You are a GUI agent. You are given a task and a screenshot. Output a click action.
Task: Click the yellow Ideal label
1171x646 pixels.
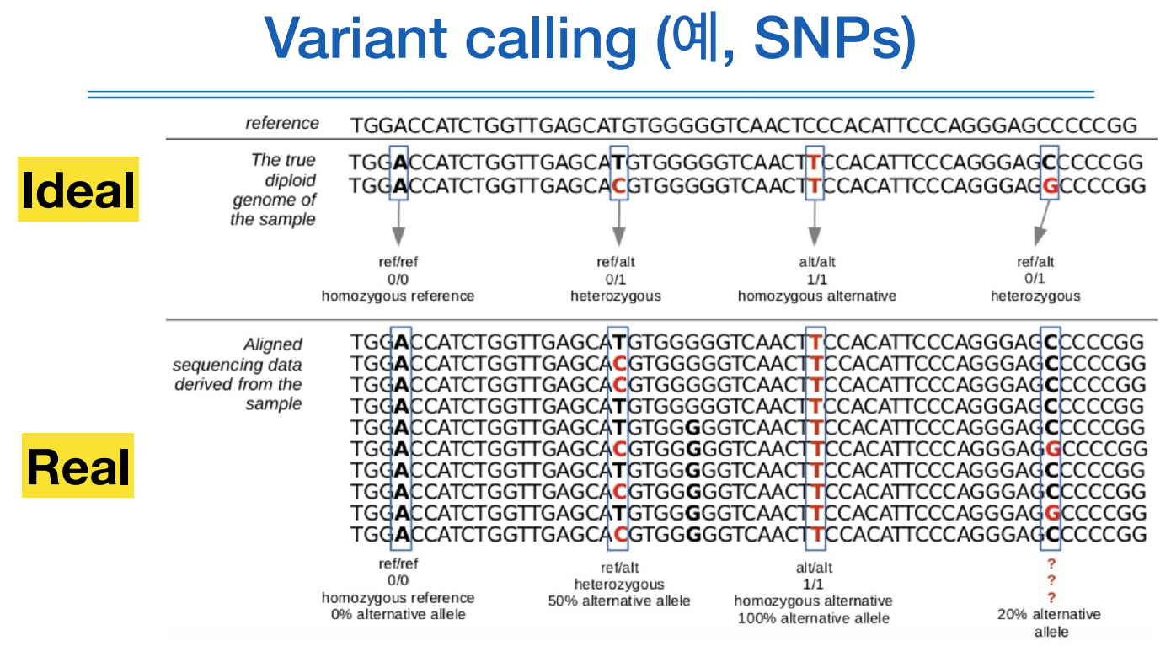click(78, 190)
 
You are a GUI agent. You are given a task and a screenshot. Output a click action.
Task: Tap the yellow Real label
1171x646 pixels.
click(78, 466)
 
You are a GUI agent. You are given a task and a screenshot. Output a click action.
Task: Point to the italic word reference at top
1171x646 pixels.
click(282, 123)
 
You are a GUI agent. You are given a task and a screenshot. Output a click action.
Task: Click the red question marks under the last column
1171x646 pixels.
click(1051, 580)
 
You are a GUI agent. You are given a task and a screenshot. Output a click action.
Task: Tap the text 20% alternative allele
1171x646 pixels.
click(1050, 622)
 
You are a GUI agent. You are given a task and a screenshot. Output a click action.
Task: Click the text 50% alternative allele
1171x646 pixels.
click(619, 601)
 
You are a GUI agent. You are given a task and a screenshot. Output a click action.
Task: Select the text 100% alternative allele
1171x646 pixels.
click(813, 617)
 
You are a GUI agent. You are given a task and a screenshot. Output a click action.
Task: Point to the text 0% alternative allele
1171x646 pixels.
click(398, 614)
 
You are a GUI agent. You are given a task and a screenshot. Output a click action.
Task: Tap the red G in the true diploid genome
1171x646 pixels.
click(1050, 185)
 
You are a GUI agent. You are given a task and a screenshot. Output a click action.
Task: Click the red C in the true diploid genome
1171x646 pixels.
click(618, 185)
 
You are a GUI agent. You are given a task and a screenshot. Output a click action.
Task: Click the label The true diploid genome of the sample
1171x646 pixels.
click(273, 190)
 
